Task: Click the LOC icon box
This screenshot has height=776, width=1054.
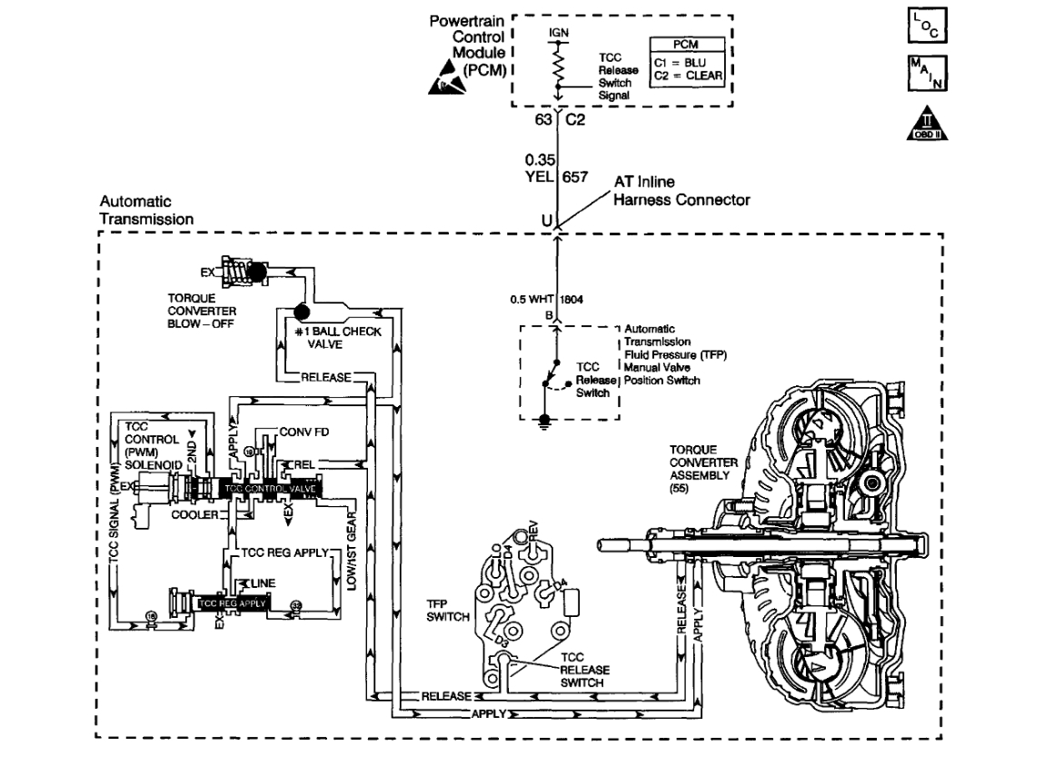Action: (x=927, y=26)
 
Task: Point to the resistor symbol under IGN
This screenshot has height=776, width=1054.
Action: (x=557, y=64)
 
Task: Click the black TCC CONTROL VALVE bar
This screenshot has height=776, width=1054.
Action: (x=268, y=488)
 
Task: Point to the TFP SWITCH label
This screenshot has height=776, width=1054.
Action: (x=448, y=611)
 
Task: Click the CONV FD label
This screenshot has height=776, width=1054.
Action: (x=303, y=432)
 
